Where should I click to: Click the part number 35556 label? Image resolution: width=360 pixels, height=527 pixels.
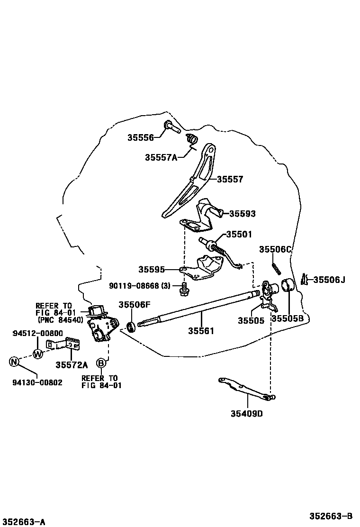point(140,138)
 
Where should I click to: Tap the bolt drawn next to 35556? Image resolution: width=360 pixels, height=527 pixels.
point(171,127)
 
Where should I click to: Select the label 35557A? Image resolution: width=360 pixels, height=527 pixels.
point(161,157)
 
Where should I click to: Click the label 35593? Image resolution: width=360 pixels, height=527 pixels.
point(242,214)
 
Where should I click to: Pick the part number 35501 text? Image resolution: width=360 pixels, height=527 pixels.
point(239,234)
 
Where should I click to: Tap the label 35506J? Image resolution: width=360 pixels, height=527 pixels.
point(329,280)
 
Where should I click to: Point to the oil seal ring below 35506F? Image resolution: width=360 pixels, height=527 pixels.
point(131,327)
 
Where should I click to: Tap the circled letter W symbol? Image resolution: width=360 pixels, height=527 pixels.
point(38,353)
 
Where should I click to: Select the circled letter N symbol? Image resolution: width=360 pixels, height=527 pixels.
point(14,362)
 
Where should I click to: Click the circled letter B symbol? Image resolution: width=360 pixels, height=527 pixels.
point(101,363)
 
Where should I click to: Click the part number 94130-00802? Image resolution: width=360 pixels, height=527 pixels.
point(37,382)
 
